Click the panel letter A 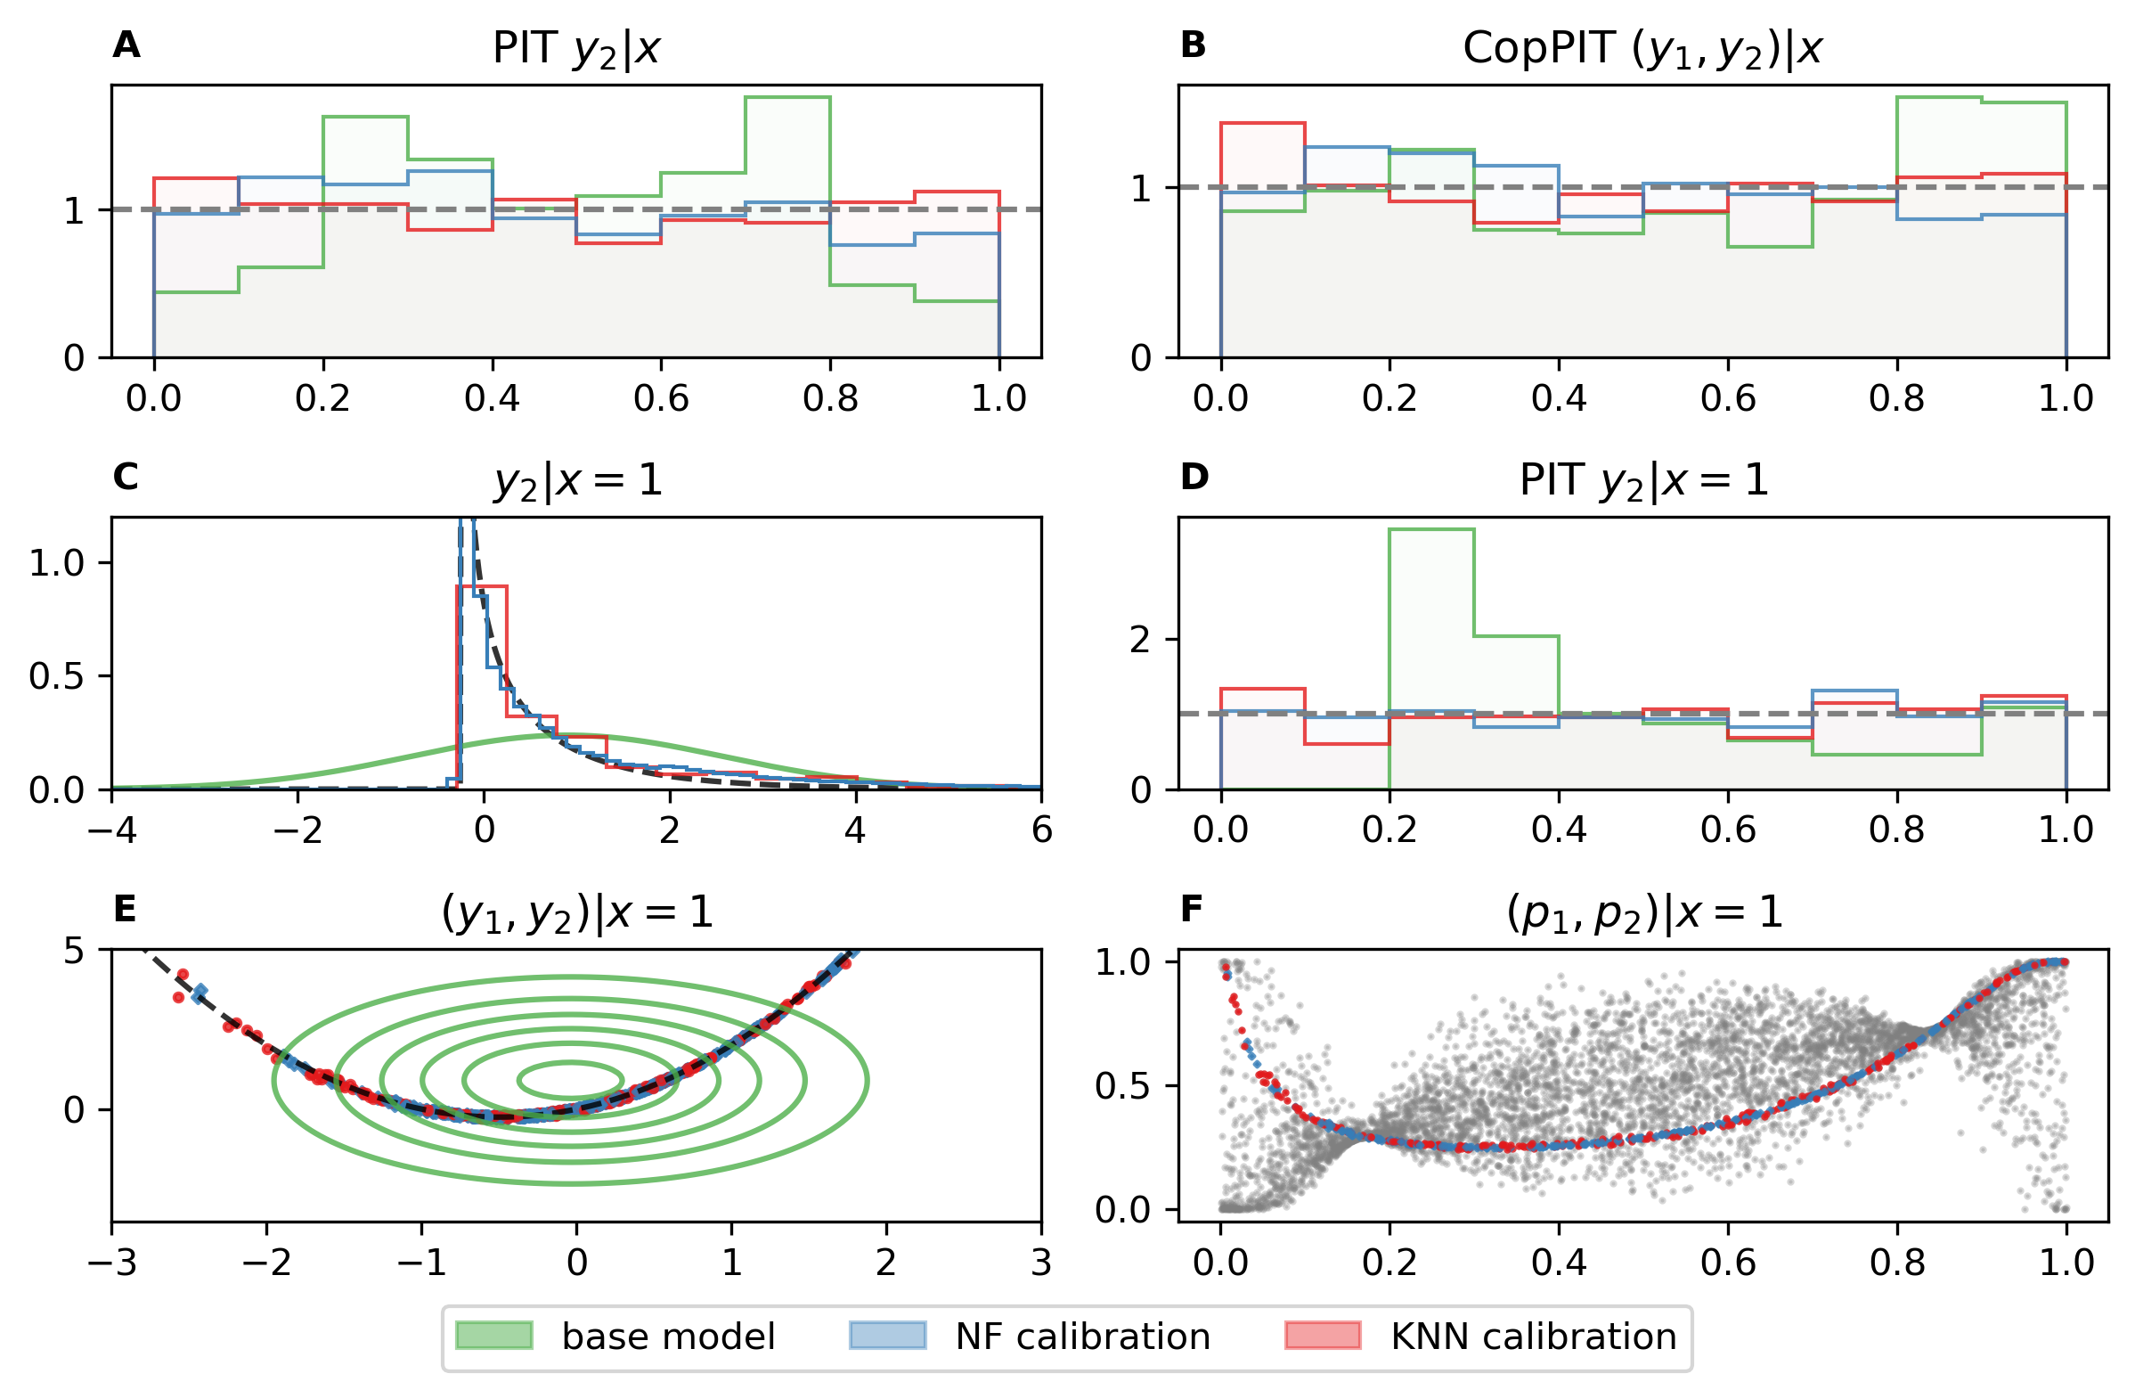[126, 45]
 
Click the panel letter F [1191, 909]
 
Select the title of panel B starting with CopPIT [1642, 48]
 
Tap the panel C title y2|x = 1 [577, 480]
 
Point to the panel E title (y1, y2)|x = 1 [577, 912]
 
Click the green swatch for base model [494, 1336]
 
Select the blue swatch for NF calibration [887, 1336]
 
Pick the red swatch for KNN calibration [1323, 1336]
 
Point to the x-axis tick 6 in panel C [1041, 830]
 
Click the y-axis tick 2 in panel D [1140, 640]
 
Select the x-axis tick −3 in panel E [112, 1263]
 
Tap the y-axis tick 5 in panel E [75, 951]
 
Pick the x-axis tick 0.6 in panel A [661, 398]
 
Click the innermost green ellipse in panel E [572, 1081]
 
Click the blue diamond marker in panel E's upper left [200, 993]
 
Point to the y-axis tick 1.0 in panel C [56, 563]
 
